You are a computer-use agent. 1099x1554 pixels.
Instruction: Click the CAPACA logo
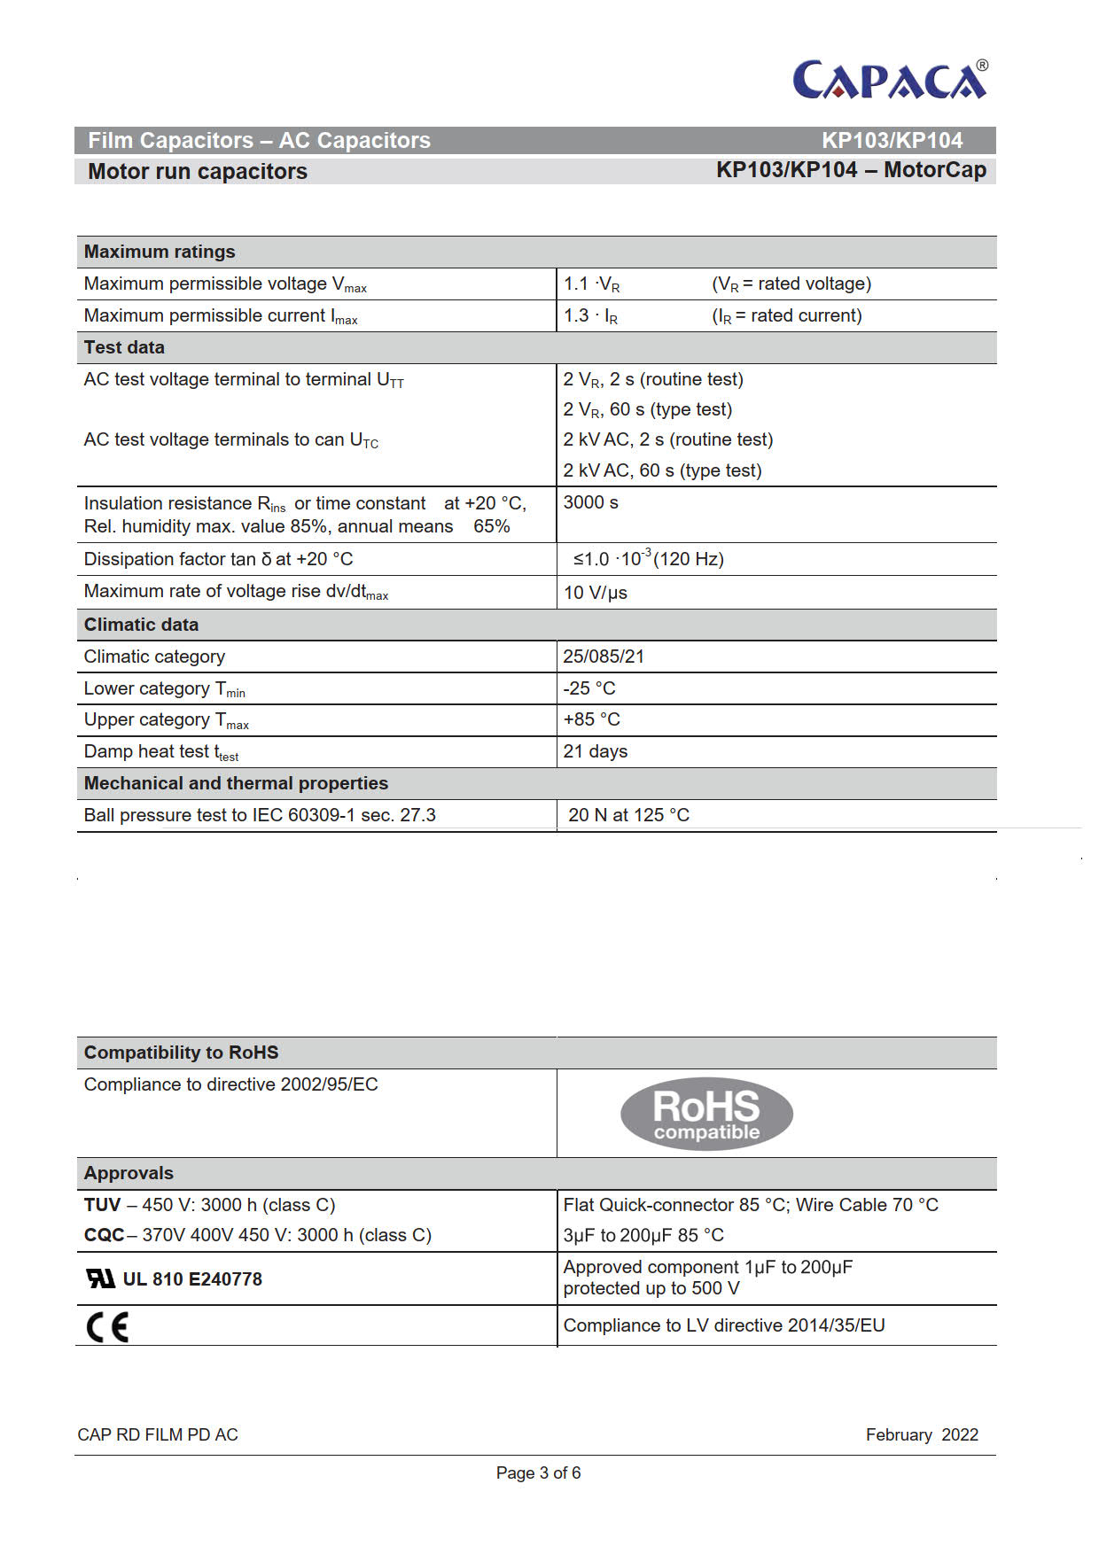890,80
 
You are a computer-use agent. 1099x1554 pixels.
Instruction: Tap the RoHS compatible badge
706,1114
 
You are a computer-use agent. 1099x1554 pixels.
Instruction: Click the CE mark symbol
107,1326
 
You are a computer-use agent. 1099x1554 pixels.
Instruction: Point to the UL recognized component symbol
100,1278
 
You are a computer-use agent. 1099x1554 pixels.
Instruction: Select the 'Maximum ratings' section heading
160,252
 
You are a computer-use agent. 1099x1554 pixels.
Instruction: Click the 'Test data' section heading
124,347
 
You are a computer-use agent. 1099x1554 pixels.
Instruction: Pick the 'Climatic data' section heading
141,625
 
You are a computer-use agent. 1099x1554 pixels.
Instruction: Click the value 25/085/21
604,657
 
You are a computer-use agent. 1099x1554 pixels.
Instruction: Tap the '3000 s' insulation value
590,502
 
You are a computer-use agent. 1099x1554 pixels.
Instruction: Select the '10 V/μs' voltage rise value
596,593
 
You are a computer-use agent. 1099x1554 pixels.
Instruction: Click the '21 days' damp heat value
596,751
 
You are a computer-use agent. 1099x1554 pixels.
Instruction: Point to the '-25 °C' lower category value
589,688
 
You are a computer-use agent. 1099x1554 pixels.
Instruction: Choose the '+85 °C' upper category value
592,719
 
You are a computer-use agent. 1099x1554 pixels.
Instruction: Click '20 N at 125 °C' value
628,815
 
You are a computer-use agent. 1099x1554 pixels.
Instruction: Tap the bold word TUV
102,1205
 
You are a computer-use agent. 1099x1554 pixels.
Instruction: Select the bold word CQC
104,1235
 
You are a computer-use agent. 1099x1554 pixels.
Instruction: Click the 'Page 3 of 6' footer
538,1472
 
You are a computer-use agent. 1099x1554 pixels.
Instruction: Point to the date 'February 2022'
922,1434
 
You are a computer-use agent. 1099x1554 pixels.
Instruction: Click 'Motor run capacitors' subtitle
198,171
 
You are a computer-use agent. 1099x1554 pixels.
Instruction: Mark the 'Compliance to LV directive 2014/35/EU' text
724,1325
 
